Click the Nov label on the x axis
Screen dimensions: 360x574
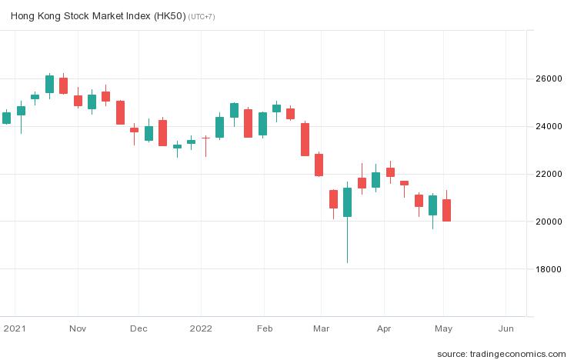point(77,328)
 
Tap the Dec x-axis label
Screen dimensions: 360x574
point(138,328)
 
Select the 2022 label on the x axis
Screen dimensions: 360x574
point(201,328)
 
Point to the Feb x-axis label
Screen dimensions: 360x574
point(264,328)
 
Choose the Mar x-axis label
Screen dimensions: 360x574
point(321,328)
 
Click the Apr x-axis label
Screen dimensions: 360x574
point(384,328)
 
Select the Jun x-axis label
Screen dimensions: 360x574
point(506,328)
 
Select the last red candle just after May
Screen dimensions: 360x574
point(446,210)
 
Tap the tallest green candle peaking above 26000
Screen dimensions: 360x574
point(49,84)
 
